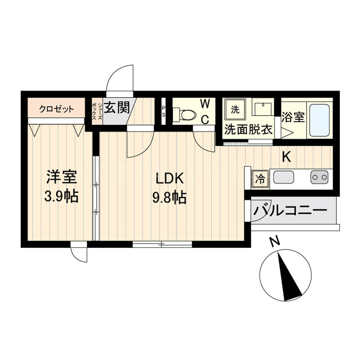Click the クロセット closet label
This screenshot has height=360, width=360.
tap(57, 109)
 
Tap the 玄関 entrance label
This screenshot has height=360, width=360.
tap(117, 108)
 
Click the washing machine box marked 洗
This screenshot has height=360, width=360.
tap(235, 110)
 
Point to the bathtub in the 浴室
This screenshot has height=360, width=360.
tap(319, 120)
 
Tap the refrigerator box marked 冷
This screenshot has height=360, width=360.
tap(261, 179)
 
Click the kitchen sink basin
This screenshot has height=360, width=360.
tap(283, 177)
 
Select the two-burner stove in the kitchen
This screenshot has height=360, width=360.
tap(319, 177)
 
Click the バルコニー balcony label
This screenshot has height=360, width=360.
tap(290, 210)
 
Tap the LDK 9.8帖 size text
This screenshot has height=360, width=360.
tap(170, 188)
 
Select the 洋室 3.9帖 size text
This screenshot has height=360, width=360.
tap(62, 186)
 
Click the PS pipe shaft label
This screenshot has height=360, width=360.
tap(163, 112)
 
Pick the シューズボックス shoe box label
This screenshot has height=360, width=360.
tap(97, 112)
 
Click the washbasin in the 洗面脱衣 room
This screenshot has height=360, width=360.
tap(263, 107)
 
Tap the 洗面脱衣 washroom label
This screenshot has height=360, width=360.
tap(248, 130)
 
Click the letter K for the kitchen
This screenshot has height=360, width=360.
tap(287, 157)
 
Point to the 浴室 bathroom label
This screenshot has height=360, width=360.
tap(293, 117)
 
